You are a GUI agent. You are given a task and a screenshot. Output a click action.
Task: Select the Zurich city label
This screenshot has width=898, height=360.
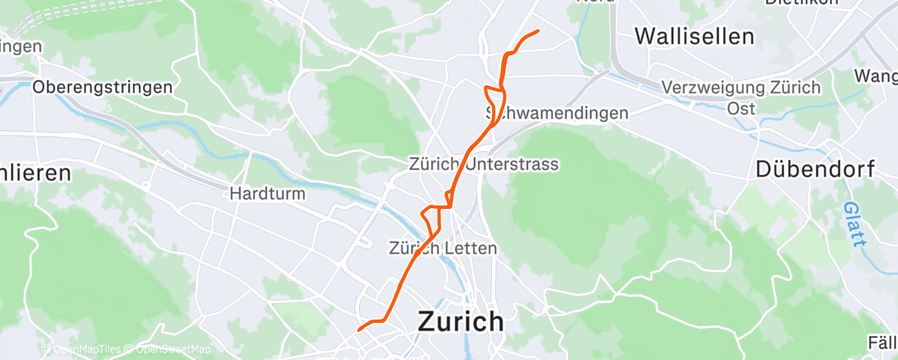pos(461,321)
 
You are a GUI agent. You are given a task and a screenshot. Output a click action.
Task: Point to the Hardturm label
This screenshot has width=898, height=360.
pos(267,194)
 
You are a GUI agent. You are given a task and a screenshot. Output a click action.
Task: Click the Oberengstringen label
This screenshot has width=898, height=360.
pos(103,87)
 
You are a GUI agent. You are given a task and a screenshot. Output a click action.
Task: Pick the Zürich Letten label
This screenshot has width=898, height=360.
pos(442,248)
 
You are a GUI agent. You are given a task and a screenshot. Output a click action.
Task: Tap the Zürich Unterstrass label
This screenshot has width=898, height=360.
pos(484,164)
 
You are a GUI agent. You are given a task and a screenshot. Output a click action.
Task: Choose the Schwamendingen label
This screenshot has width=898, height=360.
pos(558,113)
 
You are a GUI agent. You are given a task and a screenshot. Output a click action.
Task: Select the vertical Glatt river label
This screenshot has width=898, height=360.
pos(854,225)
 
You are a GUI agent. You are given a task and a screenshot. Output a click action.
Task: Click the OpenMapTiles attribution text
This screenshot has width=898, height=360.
pos(86,349)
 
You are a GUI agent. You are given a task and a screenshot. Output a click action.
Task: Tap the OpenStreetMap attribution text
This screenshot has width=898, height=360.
pos(168,349)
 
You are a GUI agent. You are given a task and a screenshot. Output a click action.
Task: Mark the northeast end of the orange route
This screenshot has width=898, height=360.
pos(538,31)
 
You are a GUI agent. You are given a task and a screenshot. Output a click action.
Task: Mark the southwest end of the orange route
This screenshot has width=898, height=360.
pos(358,330)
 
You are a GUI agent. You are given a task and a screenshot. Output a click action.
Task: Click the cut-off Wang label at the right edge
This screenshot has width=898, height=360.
pos(878,77)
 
